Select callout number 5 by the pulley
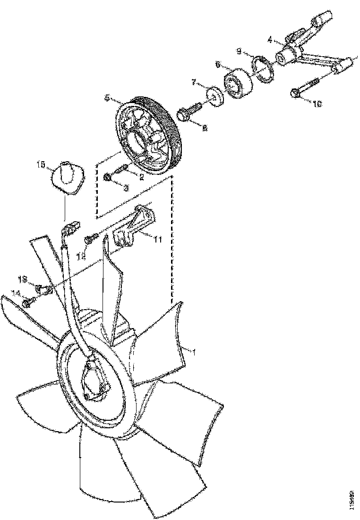pyautogui.click(x=108, y=98)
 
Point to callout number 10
pyautogui.click(x=316, y=104)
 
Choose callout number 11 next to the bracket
pyautogui.click(x=157, y=240)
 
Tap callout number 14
pyautogui.click(x=17, y=294)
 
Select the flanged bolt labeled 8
pyautogui.click(x=187, y=114)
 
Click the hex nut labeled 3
pyautogui.click(x=108, y=177)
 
